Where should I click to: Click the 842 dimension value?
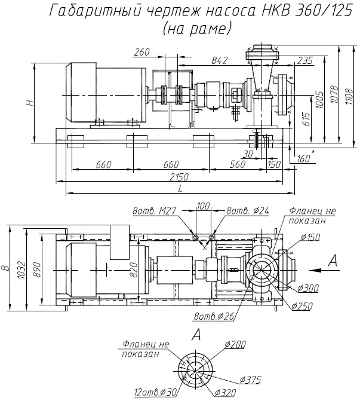click(220, 60)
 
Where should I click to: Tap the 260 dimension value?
click(141, 52)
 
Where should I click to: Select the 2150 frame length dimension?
click(179, 177)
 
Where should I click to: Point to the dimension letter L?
click(181, 189)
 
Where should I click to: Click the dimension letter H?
click(30, 103)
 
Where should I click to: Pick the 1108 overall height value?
click(349, 96)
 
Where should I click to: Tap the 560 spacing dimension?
click(238, 164)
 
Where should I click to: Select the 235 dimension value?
click(305, 61)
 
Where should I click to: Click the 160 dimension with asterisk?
click(305, 158)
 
